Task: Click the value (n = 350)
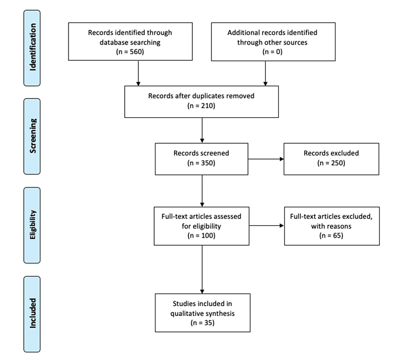click(x=202, y=162)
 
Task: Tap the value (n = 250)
click(x=331, y=162)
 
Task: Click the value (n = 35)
click(x=202, y=322)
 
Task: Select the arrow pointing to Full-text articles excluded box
click(x=267, y=226)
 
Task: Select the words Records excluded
click(x=331, y=153)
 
